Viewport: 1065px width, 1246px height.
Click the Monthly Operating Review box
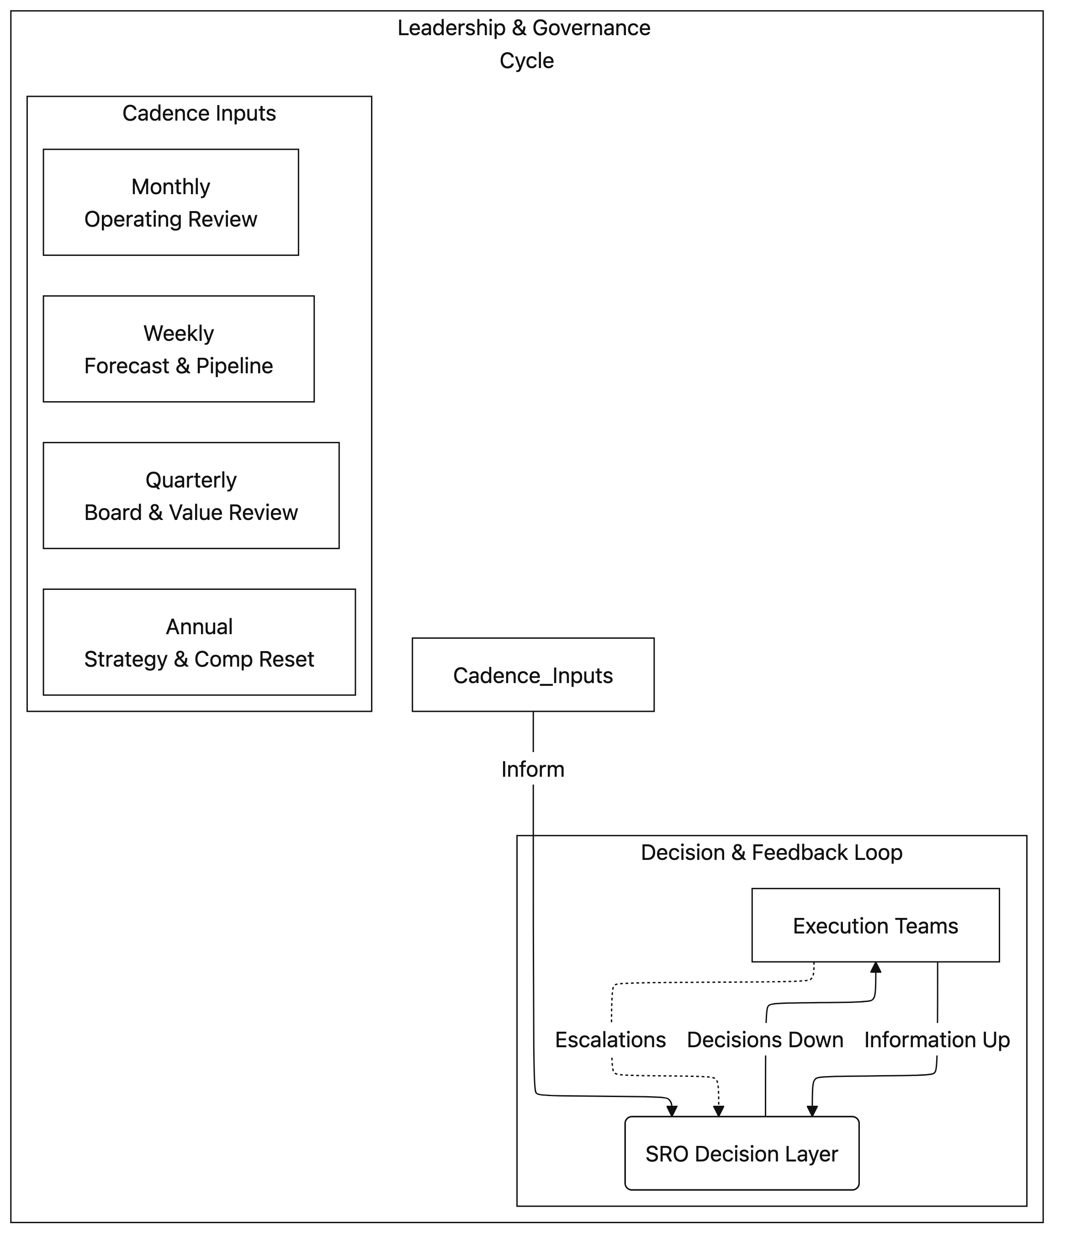click(x=171, y=203)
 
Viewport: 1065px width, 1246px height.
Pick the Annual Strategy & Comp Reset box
click(x=199, y=642)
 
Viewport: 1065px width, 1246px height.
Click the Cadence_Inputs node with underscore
click(x=533, y=675)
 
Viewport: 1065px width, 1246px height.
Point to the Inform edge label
click(x=533, y=769)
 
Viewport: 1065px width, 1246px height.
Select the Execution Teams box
click(x=875, y=926)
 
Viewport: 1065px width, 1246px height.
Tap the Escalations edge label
click(x=610, y=1040)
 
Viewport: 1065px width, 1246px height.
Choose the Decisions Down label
click(x=765, y=1040)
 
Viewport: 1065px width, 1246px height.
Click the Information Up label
click(x=937, y=1040)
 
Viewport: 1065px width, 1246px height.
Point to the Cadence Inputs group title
click(x=199, y=113)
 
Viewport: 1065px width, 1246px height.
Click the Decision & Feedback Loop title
click(x=772, y=852)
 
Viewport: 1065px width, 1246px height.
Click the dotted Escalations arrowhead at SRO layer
click(x=719, y=1111)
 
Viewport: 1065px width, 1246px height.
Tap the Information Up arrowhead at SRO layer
click(x=812, y=1111)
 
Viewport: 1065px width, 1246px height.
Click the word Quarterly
click(x=191, y=480)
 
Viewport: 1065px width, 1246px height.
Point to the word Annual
click(x=199, y=626)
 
